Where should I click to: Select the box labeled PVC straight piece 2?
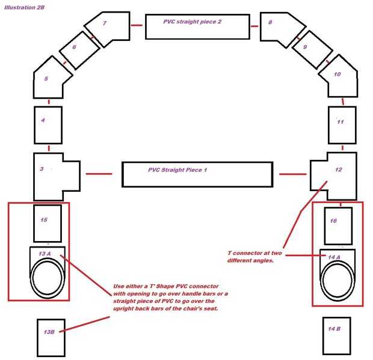tap(197, 26)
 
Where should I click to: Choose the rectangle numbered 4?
tap(48, 125)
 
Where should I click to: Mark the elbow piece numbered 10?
tap(339, 78)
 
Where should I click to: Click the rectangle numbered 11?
tap(342, 124)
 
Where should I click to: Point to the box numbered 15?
tap(48, 223)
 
